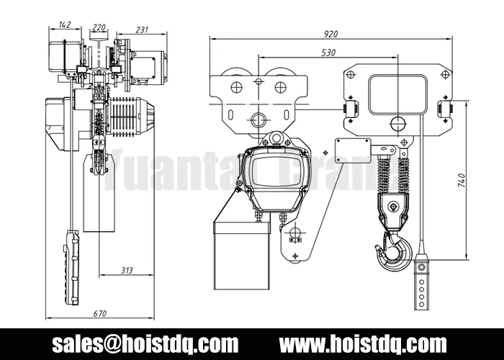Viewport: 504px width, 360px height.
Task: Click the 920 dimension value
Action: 331,33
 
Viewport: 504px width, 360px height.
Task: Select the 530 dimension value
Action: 328,52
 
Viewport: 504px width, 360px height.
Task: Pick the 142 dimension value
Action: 64,24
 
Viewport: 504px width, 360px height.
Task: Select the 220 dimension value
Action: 99,28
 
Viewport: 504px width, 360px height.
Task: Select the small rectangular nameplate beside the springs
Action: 352,150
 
